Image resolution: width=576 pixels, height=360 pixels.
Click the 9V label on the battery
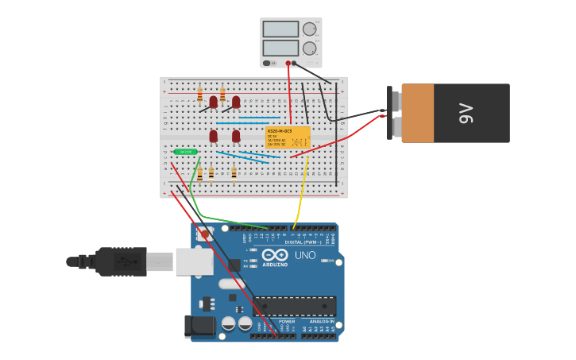[466, 114]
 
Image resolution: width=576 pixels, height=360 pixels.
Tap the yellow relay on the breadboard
[288, 137]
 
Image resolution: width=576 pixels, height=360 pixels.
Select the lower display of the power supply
[280, 48]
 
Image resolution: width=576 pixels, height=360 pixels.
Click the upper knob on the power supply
[309, 29]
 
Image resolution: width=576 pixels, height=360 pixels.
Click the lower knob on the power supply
[309, 48]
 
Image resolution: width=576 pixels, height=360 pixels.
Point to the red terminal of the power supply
[288, 63]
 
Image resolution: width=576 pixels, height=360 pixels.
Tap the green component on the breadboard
[186, 151]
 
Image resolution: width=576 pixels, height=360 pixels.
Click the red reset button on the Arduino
[205, 235]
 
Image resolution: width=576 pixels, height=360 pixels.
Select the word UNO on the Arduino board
[305, 255]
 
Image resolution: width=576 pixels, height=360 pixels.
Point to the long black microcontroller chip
[294, 305]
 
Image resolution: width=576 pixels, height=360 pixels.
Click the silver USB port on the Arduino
[195, 261]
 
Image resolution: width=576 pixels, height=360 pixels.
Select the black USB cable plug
[119, 261]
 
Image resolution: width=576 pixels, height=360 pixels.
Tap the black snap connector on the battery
[395, 114]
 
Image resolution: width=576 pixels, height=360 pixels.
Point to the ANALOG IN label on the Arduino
[322, 321]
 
